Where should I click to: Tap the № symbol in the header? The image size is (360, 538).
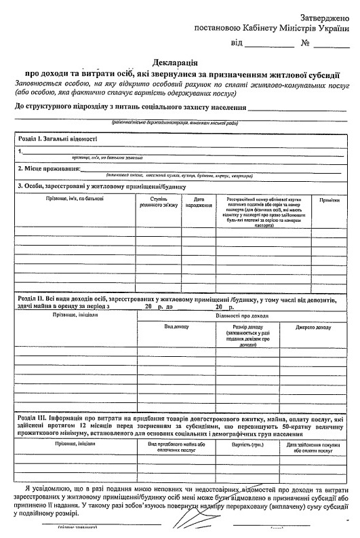(x=306, y=44)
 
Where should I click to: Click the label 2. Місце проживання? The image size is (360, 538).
(x=49, y=168)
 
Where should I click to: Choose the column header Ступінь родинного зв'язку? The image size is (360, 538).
(x=158, y=201)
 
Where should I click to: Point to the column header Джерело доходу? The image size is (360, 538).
(x=313, y=327)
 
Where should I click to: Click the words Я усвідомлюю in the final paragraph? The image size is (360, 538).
(x=52, y=488)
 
